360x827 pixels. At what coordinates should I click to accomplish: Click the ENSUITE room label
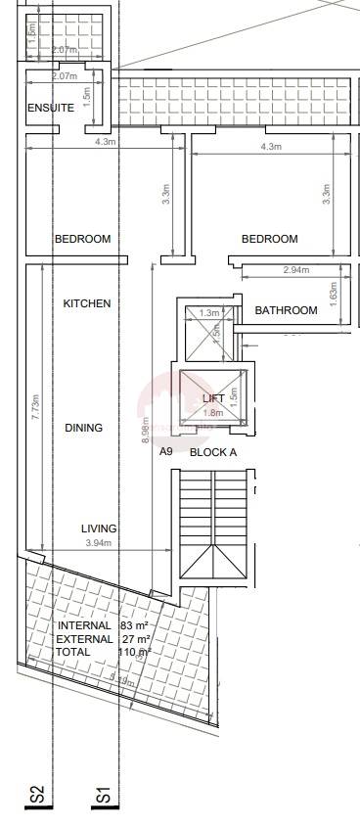(x=51, y=108)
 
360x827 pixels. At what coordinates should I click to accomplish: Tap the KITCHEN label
(x=87, y=303)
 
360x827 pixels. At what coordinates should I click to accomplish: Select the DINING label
(x=84, y=428)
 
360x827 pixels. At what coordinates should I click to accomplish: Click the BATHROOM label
(x=286, y=310)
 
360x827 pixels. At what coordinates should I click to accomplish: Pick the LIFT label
(x=213, y=398)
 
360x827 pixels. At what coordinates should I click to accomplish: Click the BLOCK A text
(x=213, y=452)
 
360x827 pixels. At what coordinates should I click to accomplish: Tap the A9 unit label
(x=166, y=452)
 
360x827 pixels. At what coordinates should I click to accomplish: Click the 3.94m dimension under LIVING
(x=99, y=543)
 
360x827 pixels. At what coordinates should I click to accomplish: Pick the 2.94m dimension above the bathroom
(x=295, y=270)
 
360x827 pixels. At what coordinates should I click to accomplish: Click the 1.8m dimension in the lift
(x=213, y=413)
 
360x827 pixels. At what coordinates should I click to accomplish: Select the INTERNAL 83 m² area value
(x=134, y=625)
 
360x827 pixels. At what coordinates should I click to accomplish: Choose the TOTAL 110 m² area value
(x=134, y=651)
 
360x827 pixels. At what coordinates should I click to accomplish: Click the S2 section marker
(x=36, y=797)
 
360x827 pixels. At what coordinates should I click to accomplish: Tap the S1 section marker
(x=103, y=797)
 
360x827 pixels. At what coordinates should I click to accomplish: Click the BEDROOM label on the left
(x=82, y=239)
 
